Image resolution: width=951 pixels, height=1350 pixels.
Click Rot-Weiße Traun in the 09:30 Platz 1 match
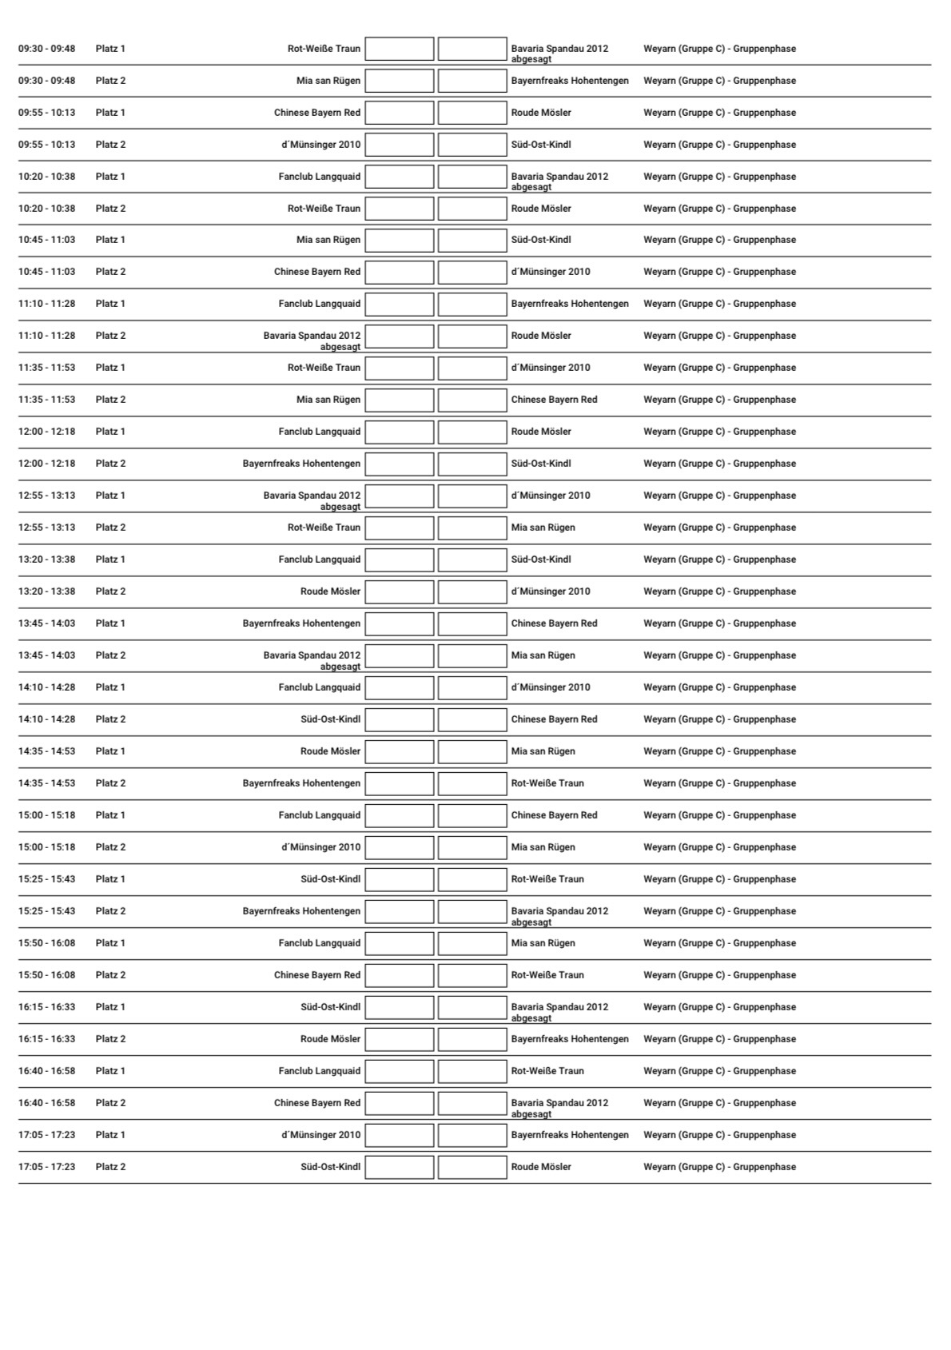324,49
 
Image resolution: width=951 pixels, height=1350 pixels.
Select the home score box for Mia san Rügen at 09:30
400,81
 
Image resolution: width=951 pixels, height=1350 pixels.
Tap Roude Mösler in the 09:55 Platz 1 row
541,113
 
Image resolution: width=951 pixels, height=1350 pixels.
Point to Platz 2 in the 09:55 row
110,145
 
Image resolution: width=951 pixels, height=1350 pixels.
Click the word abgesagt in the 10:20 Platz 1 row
531,187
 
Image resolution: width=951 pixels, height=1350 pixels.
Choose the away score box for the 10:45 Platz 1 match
472,240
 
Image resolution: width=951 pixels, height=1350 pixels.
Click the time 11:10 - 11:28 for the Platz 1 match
47,304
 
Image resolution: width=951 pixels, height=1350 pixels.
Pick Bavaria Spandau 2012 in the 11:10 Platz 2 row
312,336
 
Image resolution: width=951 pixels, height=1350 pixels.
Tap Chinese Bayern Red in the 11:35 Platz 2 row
554,400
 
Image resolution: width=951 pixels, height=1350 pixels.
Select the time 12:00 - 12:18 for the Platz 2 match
47,464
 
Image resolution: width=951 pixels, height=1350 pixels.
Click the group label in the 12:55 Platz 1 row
719,496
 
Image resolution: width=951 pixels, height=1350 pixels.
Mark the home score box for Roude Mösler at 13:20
400,591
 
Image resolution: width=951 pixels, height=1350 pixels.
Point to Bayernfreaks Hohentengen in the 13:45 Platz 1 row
301,623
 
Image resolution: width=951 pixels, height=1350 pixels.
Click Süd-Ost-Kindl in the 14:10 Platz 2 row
330,719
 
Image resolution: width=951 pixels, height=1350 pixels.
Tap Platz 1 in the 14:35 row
110,751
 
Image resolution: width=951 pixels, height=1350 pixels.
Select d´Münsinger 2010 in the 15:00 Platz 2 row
320,847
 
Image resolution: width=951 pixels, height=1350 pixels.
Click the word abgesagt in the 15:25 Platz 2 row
531,922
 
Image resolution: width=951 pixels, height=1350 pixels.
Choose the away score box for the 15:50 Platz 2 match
472,975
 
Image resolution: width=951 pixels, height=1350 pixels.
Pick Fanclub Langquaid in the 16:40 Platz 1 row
320,1071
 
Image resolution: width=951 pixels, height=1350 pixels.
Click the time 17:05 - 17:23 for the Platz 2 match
47,1167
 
